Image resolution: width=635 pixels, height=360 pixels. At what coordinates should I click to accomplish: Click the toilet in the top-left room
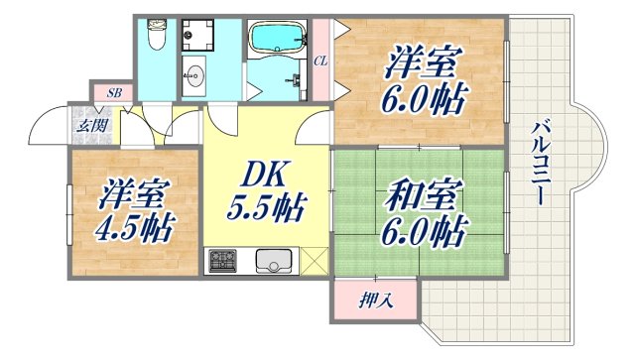[156, 38]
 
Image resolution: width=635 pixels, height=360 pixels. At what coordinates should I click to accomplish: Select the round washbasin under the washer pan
[193, 76]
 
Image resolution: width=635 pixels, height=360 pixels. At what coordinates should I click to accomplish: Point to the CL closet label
[320, 60]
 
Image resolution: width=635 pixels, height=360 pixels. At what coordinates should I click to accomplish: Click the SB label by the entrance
[115, 92]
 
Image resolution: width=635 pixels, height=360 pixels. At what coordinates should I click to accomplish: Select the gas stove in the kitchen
[223, 261]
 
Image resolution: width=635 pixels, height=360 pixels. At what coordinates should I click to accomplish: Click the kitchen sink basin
[273, 261]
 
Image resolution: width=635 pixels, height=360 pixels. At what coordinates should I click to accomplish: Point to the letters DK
[262, 176]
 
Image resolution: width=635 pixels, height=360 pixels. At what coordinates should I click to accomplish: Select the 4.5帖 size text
[135, 229]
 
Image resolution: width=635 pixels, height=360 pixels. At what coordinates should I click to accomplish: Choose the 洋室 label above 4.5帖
[135, 194]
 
